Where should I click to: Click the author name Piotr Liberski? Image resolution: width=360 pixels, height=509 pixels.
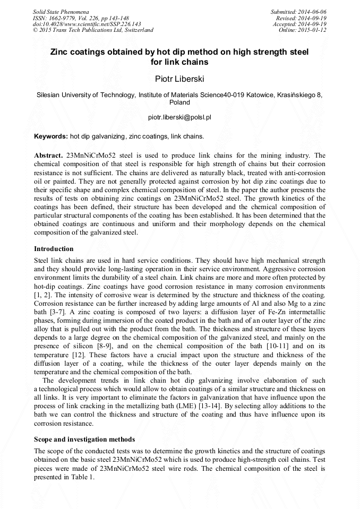(x=179, y=79)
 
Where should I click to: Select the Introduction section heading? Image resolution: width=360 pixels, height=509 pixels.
(x=54, y=249)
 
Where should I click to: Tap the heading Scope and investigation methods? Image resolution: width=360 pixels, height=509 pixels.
(x=84, y=439)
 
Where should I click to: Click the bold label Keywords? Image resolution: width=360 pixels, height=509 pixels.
(x=51, y=136)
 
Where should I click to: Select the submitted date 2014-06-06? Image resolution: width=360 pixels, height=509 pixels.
(x=312, y=12)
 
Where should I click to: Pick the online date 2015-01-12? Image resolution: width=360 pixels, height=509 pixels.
(x=312, y=30)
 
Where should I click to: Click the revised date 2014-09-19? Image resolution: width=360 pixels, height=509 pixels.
(x=312, y=18)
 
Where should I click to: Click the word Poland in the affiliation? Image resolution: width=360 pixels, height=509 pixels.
(x=179, y=102)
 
